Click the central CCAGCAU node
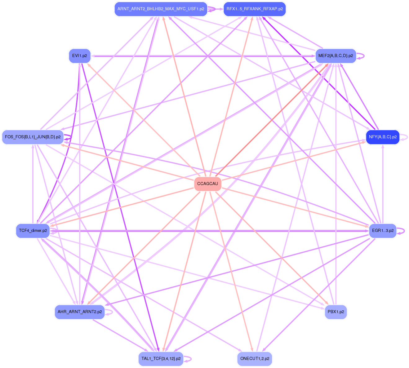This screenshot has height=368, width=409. coord(207,184)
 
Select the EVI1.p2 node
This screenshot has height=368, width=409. coord(80,56)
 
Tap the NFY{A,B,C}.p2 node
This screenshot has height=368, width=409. coord(383,137)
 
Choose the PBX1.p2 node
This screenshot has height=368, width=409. coord(336,312)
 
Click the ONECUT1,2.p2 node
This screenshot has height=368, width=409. coord(255,359)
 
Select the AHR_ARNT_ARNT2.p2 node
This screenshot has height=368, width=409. coord(80,312)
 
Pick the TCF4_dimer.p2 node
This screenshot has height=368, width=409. coord(33,231)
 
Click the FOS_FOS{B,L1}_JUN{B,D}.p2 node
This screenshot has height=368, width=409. coord(33,137)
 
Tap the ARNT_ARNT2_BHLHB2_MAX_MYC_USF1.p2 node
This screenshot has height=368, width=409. coord(161,9)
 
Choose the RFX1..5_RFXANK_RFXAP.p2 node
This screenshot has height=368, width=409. coord(255,9)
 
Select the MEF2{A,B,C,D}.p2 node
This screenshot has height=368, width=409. coord(336,56)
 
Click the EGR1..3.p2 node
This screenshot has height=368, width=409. coord(383,231)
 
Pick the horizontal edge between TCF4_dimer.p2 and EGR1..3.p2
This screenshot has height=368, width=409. coord(208,231)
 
